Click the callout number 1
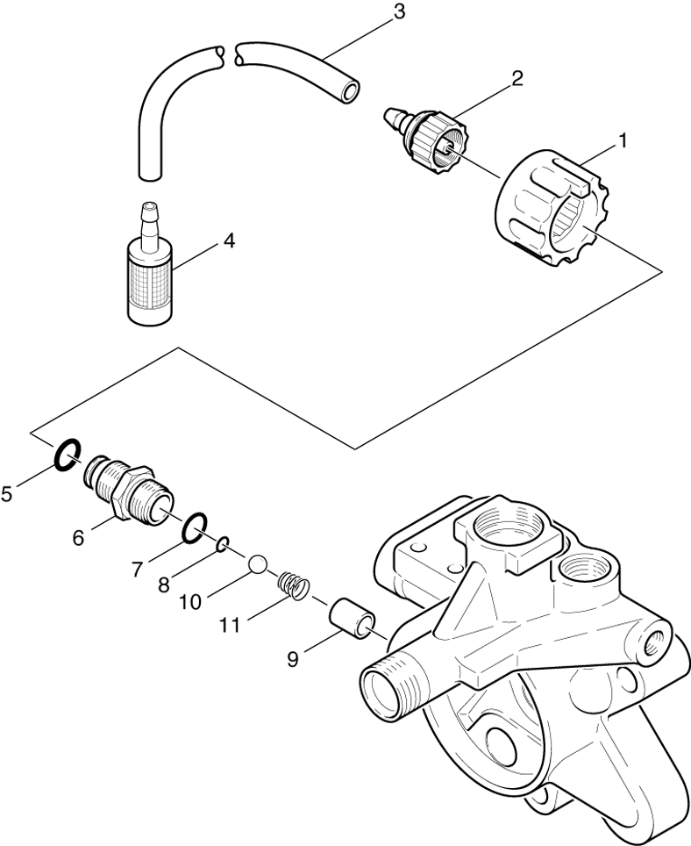(x=623, y=140)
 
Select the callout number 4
(x=228, y=240)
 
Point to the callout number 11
(x=230, y=624)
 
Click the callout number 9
(x=293, y=658)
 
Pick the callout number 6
(x=79, y=537)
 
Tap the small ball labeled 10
(x=257, y=563)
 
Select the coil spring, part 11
(x=292, y=584)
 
